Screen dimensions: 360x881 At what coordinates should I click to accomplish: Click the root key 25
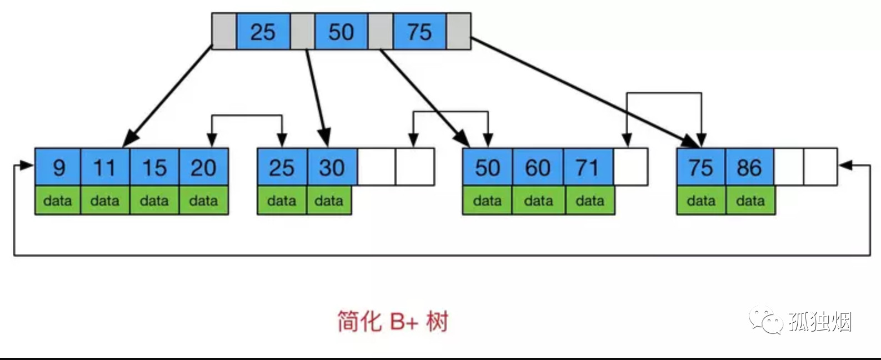(x=263, y=32)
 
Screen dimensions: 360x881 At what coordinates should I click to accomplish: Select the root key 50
(x=341, y=32)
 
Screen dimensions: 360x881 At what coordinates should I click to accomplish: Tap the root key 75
(x=419, y=32)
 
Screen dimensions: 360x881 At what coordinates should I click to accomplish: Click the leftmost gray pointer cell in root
(x=224, y=32)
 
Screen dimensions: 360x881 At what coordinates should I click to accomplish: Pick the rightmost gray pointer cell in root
(x=459, y=32)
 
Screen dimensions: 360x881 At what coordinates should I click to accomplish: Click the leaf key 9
(x=58, y=167)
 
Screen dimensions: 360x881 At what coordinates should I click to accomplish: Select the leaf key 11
(x=105, y=167)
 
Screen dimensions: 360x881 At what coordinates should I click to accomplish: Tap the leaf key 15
(x=154, y=167)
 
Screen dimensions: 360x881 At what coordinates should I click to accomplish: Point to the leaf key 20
(x=203, y=167)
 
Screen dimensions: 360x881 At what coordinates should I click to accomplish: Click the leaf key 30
(x=332, y=167)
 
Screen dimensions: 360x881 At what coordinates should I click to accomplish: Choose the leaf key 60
(x=538, y=167)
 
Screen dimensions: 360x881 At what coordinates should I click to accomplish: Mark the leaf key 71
(x=588, y=167)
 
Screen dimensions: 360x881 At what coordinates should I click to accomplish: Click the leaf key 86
(x=749, y=167)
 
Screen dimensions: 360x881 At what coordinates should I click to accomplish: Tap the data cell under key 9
(x=58, y=201)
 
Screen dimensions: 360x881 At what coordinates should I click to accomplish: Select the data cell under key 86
(x=750, y=201)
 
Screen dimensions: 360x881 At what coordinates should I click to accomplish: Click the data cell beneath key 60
(x=538, y=201)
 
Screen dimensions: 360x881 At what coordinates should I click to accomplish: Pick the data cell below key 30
(x=329, y=201)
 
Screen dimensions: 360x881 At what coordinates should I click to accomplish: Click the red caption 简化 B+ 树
(x=392, y=322)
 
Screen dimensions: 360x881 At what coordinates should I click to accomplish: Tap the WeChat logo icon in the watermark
(x=764, y=321)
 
